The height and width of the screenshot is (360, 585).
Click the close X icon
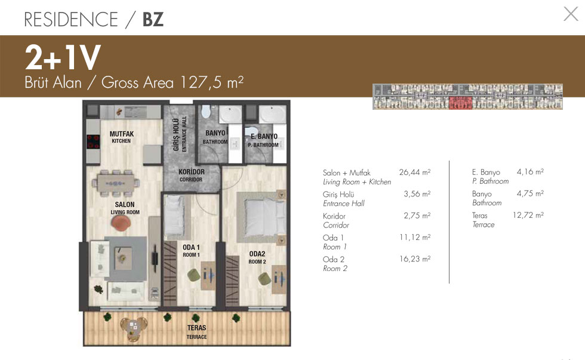(571, 14)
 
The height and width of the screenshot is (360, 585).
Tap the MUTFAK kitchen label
(122, 137)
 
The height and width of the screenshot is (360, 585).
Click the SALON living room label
(125, 208)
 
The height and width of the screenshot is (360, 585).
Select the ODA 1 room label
(191, 251)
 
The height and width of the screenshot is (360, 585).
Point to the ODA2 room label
(257, 257)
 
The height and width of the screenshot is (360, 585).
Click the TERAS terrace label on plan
(196, 332)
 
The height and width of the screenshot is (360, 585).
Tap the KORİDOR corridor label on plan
(192, 175)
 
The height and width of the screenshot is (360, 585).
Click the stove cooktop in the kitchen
(93, 141)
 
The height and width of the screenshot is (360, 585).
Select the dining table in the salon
(115, 183)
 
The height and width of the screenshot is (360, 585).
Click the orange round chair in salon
(121, 223)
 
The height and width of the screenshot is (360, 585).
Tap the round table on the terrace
(134, 328)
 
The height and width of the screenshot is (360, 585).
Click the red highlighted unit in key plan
(460, 103)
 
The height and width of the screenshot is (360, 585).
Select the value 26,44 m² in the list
(415, 173)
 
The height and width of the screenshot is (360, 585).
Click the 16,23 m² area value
(415, 259)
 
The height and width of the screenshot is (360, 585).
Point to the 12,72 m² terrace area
(528, 215)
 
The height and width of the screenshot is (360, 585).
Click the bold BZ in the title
(153, 19)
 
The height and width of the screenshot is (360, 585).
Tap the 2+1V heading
(63, 57)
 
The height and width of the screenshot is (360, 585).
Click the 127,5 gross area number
(201, 82)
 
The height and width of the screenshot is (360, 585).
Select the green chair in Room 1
(193, 276)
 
